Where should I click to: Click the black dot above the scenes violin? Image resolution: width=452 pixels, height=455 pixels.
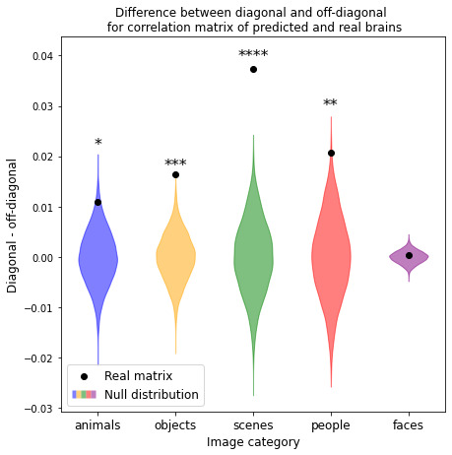coord(253,69)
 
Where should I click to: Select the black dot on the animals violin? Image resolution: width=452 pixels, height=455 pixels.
coord(97,202)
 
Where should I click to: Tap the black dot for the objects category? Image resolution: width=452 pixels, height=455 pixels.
coord(175,174)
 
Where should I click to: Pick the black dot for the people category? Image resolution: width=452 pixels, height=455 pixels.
coord(331,153)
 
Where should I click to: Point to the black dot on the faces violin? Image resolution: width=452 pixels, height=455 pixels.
coord(409,255)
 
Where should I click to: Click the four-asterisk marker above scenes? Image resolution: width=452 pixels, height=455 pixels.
coord(253,54)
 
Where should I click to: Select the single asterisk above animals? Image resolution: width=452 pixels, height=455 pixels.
coord(97,144)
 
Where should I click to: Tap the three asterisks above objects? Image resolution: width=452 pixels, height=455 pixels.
coord(175,163)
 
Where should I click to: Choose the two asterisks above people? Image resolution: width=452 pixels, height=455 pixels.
coord(330,104)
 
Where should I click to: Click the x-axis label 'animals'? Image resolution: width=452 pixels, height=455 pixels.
coord(97,424)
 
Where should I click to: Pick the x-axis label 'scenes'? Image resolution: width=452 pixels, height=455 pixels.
coord(253,424)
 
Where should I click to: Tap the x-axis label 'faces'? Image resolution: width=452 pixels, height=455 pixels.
coord(409,424)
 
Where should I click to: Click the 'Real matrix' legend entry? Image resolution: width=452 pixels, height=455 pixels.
coord(138,375)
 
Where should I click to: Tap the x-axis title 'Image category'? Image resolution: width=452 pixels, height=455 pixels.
coord(253,442)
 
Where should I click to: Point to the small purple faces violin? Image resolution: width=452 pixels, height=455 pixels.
coord(409,257)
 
